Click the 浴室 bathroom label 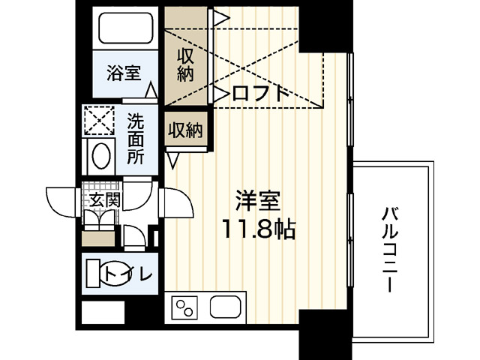(x=124, y=73)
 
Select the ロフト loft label (x=260, y=93)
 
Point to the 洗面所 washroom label (x=136, y=138)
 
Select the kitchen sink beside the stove (x=226, y=307)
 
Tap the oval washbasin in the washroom (x=100, y=156)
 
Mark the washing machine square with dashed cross (x=98, y=120)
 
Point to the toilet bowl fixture (x=93, y=271)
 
